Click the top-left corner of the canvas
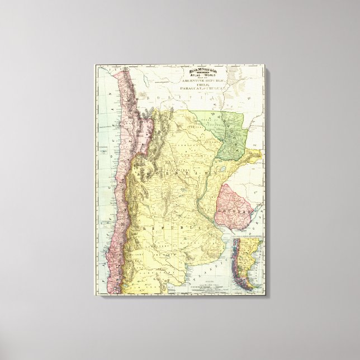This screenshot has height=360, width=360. coord(94,65)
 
